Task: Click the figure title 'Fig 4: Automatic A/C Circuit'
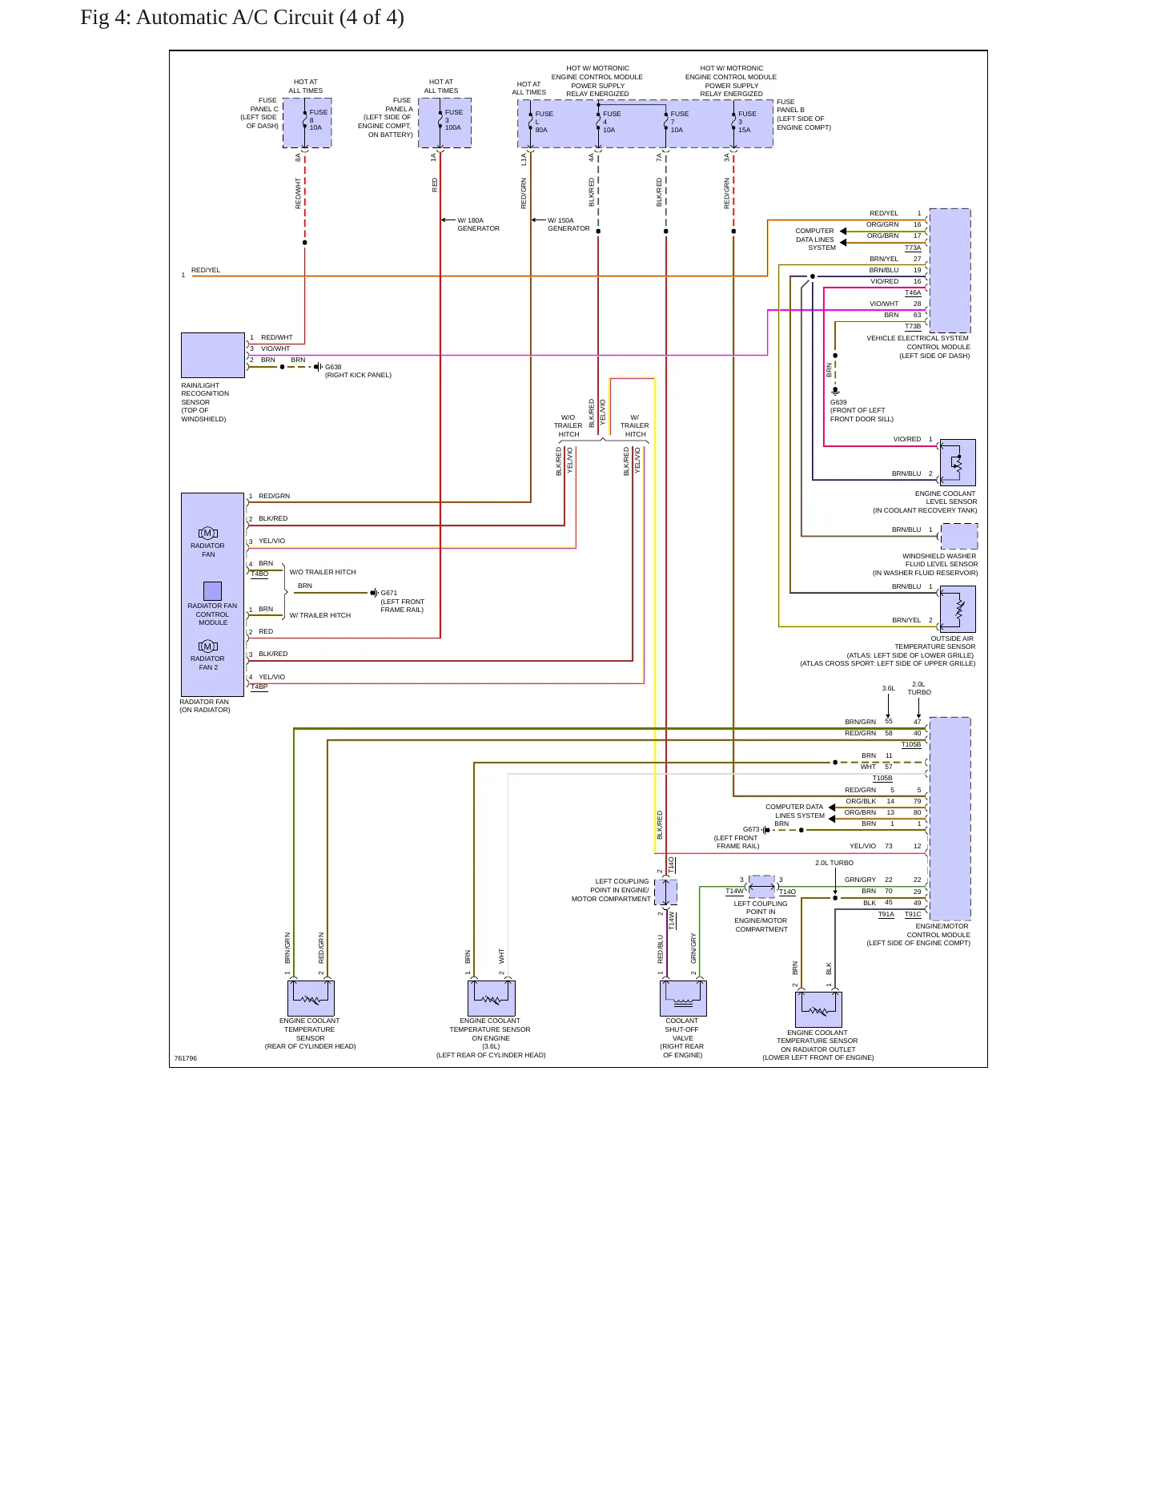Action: tap(207, 17)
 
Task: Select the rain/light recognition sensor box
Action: tap(213, 355)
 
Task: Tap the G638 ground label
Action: tap(333, 367)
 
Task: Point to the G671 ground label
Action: tap(388, 593)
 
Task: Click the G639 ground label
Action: tap(838, 402)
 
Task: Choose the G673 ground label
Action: tap(751, 829)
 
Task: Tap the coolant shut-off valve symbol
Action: tap(683, 998)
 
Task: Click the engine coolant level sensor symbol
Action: tap(958, 462)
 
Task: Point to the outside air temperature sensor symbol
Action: tap(958, 609)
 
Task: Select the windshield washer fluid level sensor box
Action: tap(959, 536)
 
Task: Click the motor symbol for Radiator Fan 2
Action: tap(208, 646)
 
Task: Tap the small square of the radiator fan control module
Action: tap(212, 590)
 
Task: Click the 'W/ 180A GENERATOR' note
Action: tap(478, 224)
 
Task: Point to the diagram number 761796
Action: tap(186, 1058)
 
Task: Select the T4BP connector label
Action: tap(259, 687)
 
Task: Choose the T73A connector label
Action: tap(913, 248)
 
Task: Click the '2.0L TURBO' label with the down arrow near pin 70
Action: tap(834, 863)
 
